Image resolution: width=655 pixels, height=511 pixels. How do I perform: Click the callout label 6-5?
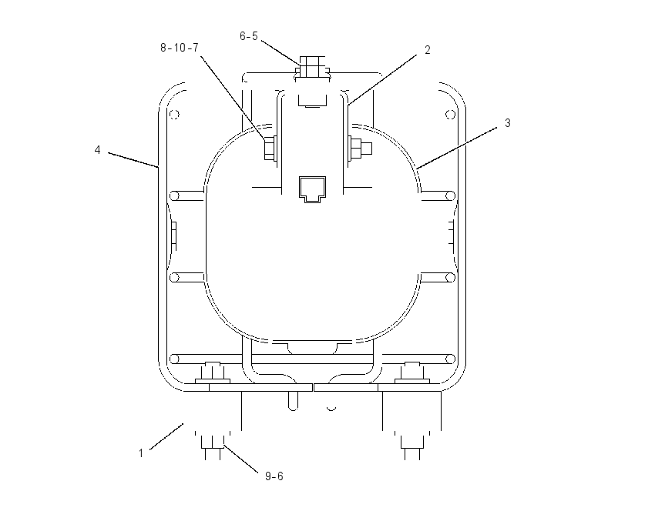click(x=249, y=36)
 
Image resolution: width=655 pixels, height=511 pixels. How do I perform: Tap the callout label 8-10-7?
click(x=180, y=48)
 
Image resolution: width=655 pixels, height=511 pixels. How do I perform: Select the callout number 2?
click(x=428, y=50)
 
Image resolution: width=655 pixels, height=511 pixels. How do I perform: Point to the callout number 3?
click(x=508, y=123)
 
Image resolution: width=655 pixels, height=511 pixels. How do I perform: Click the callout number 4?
click(x=97, y=150)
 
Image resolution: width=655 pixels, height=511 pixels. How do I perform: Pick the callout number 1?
click(x=141, y=453)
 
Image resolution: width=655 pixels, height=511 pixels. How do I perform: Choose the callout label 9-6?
click(x=274, y=476)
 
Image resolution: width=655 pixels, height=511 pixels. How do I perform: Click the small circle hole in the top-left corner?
click(x=175, y=115)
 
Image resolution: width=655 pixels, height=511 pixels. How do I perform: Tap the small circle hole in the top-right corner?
click(x=450, y=115)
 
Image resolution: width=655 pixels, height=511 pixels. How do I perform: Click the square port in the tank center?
click(x=312, y=189)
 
